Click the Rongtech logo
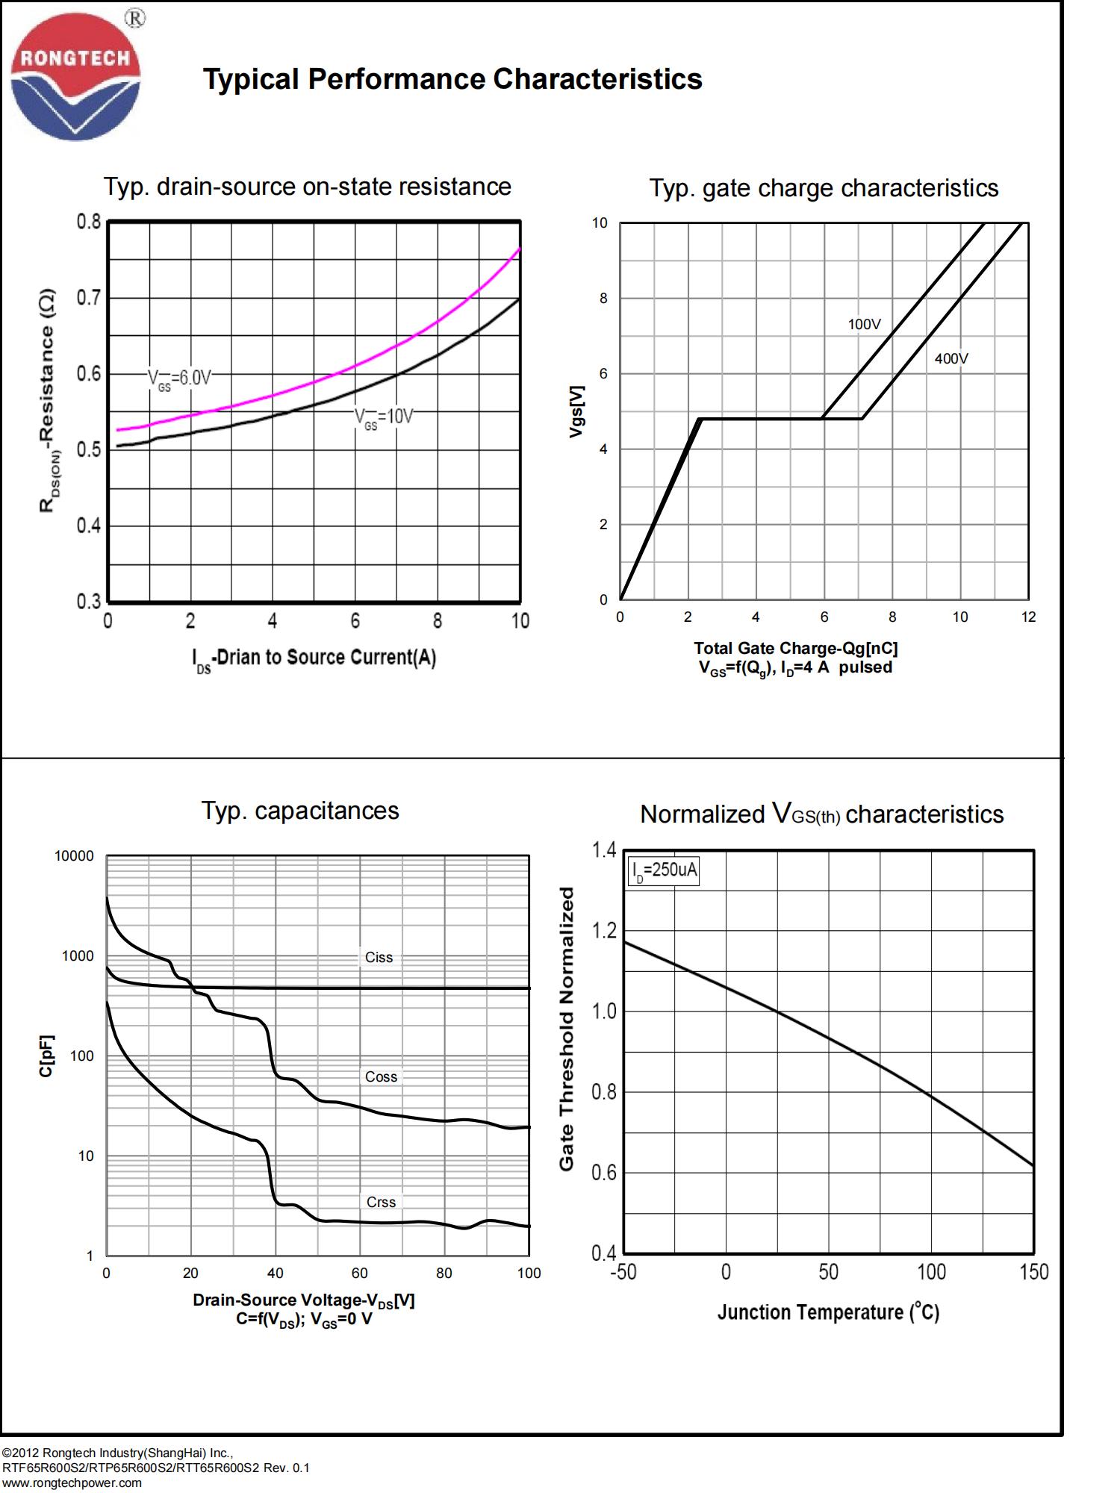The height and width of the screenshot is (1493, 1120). [75, 77]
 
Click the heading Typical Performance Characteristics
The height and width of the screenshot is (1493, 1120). [452, 79]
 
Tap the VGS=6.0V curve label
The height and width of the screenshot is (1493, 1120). [179, 378]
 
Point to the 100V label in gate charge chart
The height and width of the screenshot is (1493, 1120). [864, 325]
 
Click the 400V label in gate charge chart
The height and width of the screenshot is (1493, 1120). [951, 359]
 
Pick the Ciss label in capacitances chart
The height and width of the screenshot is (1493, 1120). [379, 958]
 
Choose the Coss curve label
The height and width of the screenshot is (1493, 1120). [381, 1077]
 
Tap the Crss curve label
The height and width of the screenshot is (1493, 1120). [381, 1203]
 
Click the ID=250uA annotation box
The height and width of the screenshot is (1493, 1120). [664, 870]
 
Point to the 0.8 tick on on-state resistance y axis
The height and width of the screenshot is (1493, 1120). [88, 222]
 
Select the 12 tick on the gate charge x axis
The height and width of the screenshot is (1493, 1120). [1029, 617]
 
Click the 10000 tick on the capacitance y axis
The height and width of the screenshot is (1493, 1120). [75, 856]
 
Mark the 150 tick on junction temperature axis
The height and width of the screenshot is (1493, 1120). [1034, 1272]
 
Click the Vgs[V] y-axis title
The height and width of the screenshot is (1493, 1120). [576, 411]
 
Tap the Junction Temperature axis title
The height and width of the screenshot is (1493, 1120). [828, 1312]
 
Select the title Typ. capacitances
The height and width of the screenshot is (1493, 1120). [300, 811]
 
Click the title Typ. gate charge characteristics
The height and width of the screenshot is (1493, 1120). [824, 188]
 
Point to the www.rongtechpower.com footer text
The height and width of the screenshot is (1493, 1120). [72, 1483]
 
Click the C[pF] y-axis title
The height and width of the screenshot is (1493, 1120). [46, 1056]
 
